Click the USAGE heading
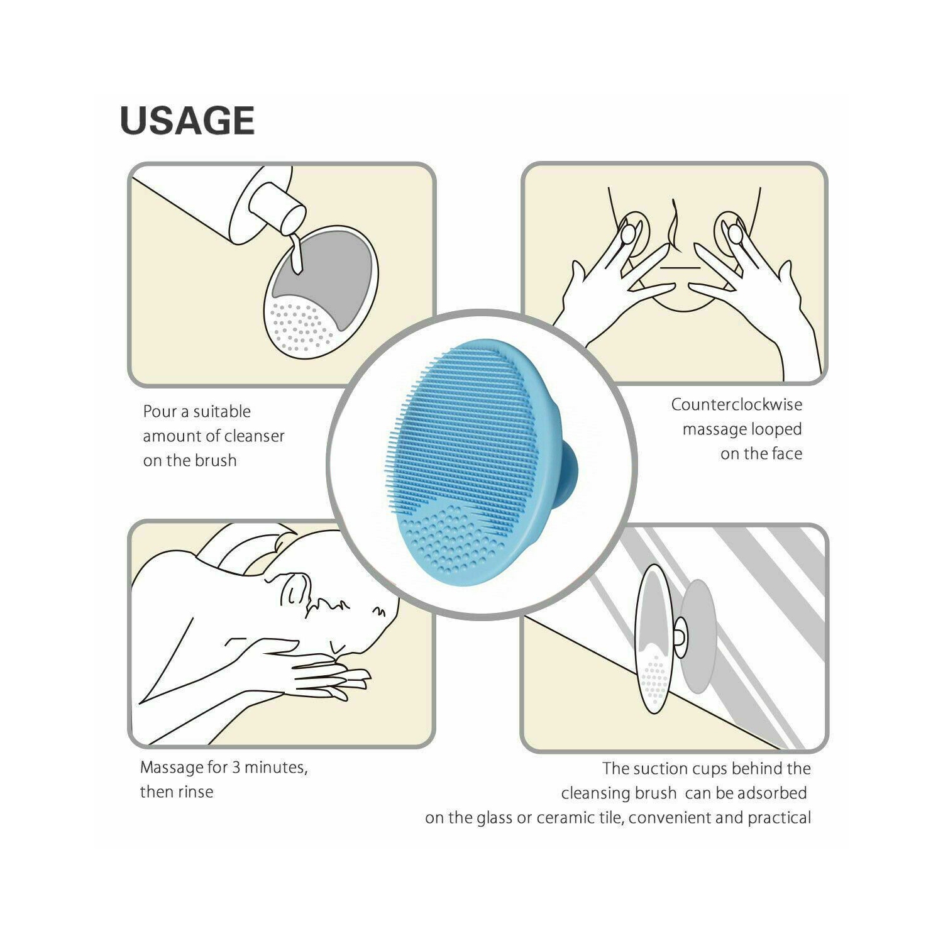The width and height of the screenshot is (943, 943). (x=187, y=121)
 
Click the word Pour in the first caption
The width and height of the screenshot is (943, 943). (x=159, y=412)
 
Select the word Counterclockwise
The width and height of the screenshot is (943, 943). (x=736, y=405)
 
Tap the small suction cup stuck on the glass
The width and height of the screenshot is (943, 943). (x=680, y=637)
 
